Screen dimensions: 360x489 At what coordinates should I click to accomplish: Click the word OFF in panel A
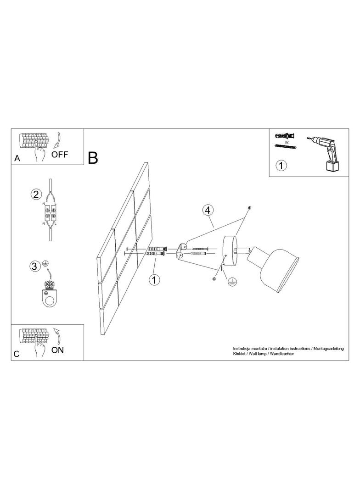(59, 154)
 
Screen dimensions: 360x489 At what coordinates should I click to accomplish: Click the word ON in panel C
(57, 350)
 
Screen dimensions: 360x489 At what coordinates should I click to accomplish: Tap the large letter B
(93, 158)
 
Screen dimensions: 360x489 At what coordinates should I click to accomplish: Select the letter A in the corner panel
(17, 158)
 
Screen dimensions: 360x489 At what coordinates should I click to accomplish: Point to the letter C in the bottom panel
(17, 354)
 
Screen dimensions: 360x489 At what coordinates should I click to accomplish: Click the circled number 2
(36, 194)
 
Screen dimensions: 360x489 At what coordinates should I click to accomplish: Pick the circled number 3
(35, 267)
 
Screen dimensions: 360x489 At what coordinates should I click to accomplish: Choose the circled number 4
(208, 210)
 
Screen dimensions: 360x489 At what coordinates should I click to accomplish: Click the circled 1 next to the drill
(281, 165)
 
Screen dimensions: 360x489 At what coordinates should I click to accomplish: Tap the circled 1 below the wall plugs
(154, 279)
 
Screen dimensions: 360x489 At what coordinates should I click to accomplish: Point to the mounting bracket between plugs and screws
(182, 251)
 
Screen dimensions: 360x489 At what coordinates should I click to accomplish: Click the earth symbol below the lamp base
(232, 282)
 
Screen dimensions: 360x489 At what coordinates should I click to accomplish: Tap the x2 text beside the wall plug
(287, 142)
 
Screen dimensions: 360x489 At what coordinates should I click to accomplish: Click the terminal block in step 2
(50, 212)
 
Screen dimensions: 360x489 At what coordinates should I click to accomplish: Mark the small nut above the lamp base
(249, 208)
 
